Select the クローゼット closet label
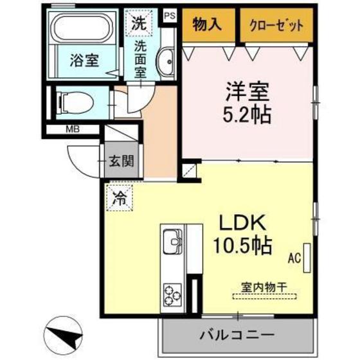pyautogui.click(x=272, y=25)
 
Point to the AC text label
pyautogui.click(x=294, y=259)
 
